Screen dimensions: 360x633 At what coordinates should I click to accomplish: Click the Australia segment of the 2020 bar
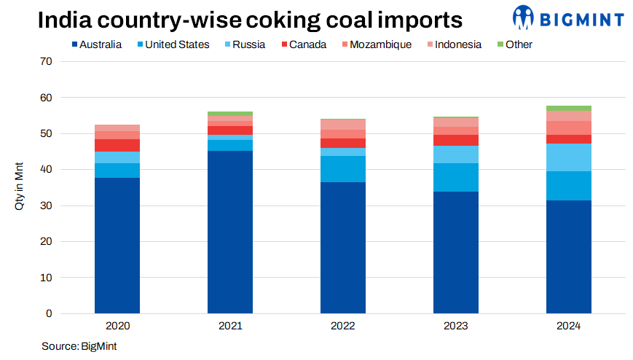[117, 245]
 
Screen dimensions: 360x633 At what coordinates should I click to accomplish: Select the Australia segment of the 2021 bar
[230, 232]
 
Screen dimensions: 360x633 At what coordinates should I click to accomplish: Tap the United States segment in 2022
[343, 169]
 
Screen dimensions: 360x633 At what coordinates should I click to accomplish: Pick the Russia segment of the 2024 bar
[569, 157]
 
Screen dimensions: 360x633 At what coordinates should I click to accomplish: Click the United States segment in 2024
[569, 186]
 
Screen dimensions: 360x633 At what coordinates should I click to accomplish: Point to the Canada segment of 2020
[117, 145]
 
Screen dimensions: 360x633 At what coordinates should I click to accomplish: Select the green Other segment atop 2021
[230, 114]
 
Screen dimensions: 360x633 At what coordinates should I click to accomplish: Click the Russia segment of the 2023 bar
[456, 154]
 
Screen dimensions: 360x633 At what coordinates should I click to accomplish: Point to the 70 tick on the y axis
[47, 61]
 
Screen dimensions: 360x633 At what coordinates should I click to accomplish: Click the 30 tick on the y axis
[47, 206]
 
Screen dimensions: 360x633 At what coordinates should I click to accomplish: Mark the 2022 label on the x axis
[343, 326]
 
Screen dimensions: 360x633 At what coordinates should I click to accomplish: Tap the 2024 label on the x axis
[569, 326]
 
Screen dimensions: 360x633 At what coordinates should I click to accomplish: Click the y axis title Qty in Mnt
[20, 188]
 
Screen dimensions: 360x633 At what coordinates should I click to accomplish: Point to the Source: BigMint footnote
[79, 345]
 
